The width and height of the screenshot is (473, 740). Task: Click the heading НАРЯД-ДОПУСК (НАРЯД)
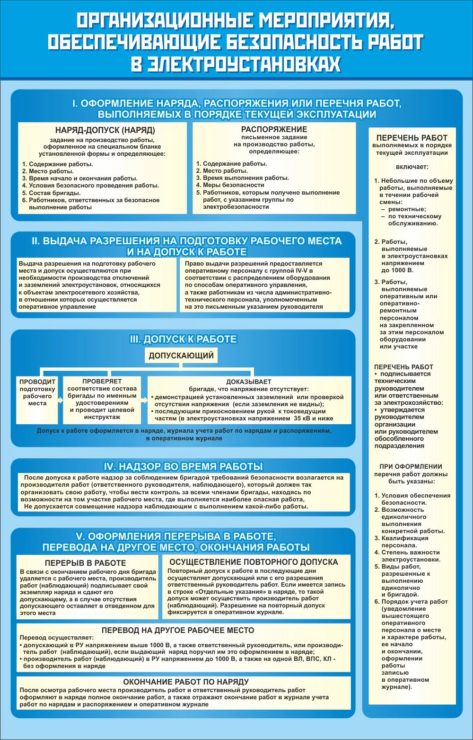click(x=105, y=130)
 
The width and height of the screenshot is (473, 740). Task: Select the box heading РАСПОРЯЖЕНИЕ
click(x=274, y=129)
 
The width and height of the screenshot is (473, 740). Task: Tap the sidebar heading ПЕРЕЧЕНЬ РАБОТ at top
click(x=412, y=138)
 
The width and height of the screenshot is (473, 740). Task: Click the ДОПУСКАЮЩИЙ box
click(x=181, y=356)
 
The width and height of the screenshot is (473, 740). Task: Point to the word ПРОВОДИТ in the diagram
click(x=37, y=382)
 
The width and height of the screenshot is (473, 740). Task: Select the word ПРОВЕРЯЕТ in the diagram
click(x=102, y=381)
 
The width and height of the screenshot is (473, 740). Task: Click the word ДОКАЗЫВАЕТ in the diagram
click(x=249, y=382)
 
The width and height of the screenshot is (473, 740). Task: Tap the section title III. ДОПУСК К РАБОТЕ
click(x=183, y=339)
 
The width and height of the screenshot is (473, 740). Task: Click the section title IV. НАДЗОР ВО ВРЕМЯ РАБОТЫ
click(x=183, y=466)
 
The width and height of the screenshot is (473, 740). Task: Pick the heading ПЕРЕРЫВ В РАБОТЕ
click(x=86, y=563)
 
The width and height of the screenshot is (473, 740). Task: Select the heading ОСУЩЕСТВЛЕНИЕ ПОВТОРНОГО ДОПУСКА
click(x=254, y=562)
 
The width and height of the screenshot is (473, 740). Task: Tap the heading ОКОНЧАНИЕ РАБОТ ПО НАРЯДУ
click(x=186, y=682)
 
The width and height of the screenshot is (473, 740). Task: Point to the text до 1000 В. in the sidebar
click(x=397, y=270)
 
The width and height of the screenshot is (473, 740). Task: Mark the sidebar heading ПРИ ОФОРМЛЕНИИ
click(x=411, y=466)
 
